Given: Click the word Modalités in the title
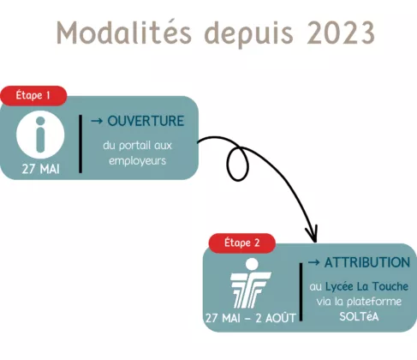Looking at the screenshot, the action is tap(124, 33).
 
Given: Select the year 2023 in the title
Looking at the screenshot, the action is tap(341, 33).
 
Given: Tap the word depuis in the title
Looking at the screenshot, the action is tap(249, 34).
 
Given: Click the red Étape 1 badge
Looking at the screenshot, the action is tap(33, 95).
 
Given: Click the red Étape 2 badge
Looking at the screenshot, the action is tap(242, 243).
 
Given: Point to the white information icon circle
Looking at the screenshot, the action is tap(40, 135).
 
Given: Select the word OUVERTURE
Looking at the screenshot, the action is tap(146, 121).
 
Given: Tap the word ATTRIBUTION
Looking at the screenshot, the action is tap(367, 262).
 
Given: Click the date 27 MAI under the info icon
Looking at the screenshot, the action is tap(40, 169).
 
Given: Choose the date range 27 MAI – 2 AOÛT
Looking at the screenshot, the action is tap(250, 318).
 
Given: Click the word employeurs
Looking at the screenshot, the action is tap(137, 161).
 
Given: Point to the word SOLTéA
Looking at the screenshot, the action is tap(359, 316).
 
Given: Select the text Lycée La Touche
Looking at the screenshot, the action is tap(366, 286).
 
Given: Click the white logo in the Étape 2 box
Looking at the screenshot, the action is tap(250, 283).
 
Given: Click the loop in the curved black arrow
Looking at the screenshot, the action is tap(237, 164).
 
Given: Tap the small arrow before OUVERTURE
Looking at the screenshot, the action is tap(97, 121).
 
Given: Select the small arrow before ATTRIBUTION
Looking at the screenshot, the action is tap(313, 262).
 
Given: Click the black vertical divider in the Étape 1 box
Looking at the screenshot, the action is tap(80, 144).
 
